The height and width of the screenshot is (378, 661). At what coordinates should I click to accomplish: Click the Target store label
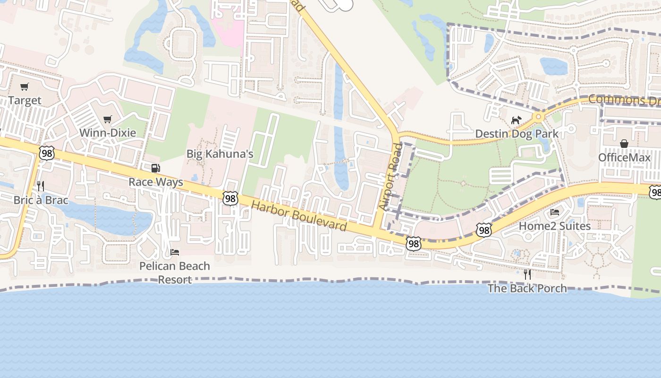coord(25,101)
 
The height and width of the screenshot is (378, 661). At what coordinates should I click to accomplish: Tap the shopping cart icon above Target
coord(25,87)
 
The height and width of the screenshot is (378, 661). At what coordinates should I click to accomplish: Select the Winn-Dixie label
coord(108,133)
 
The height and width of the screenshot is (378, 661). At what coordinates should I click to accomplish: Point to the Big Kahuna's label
coord(220,154)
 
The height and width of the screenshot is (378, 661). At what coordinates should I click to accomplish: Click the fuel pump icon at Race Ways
coord(155,168)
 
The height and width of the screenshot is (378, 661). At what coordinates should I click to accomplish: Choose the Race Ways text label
coord(156,182)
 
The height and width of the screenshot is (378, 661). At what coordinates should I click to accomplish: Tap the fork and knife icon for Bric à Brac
coord(41,186)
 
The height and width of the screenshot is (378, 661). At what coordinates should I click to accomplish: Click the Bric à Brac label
coord(41,200)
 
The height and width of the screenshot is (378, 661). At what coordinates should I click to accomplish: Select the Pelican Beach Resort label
coord(175,273)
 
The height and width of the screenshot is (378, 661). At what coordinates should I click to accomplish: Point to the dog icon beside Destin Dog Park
coord(516,120)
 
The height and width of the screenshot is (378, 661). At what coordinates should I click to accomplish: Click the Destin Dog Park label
coord(517,134)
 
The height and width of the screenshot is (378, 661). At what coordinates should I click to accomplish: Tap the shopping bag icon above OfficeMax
coord(624,144)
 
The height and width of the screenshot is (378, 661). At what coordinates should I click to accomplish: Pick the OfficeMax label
coord(624,157)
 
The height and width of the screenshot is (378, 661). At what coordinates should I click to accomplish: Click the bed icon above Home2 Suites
coord(555,212)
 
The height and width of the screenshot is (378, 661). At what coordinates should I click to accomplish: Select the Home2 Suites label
coord(555,226)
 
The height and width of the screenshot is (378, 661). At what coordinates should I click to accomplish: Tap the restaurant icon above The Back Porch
coord(527,274)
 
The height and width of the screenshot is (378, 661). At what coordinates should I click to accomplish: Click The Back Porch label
coord(527,288)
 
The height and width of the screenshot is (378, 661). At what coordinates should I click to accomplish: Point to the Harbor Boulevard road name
coord(299,216)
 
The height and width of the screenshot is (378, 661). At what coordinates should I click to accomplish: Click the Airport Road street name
coord(390,177)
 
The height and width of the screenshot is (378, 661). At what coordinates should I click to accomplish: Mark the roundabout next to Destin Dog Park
coord(538,116)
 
